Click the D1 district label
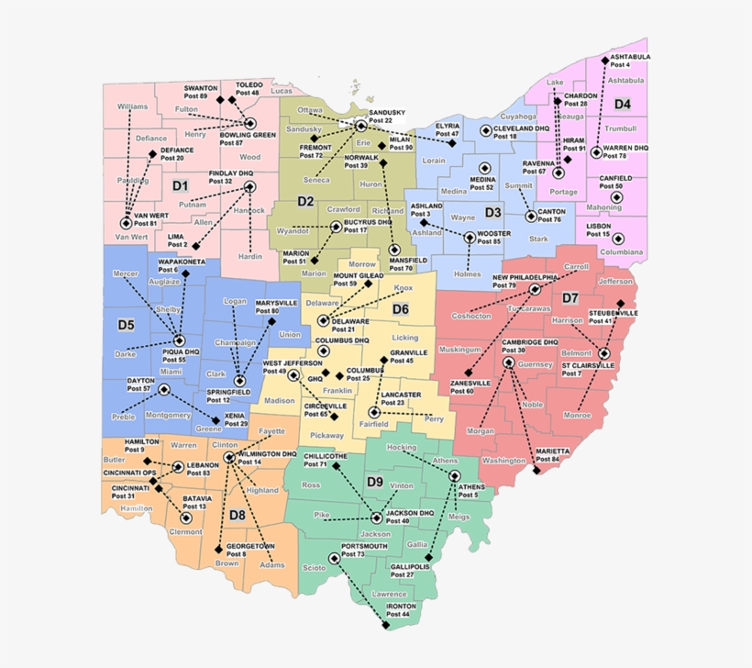pyautogui.click(x=180, y=185)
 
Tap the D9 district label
pyautogui.click(x=374, y=482)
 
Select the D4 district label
pyautogui.click(x=623, y=104)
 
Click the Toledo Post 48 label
pyautogui.click(x=249, y=89)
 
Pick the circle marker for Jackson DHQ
pyautogui.click(x=376, y=518)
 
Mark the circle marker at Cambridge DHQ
pyautogui.click(x=509, y=362)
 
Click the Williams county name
pyautogui.click(x=132, y=106)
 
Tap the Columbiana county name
pyautogui.click(x=622, y=251)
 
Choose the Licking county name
pyautogui.click(x=404, y=339)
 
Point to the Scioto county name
pyautogui.click(x=314, y=568)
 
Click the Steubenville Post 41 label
pyautogui.click(x=614, y=317)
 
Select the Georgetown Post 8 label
pyautogui.click(x=250, y=550)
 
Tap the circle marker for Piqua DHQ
pyautogui.click(x=179, y=340)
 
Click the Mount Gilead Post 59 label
pyautogui.click(x=358, y=279)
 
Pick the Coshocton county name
pyautogui.click(x=472, y=316)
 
